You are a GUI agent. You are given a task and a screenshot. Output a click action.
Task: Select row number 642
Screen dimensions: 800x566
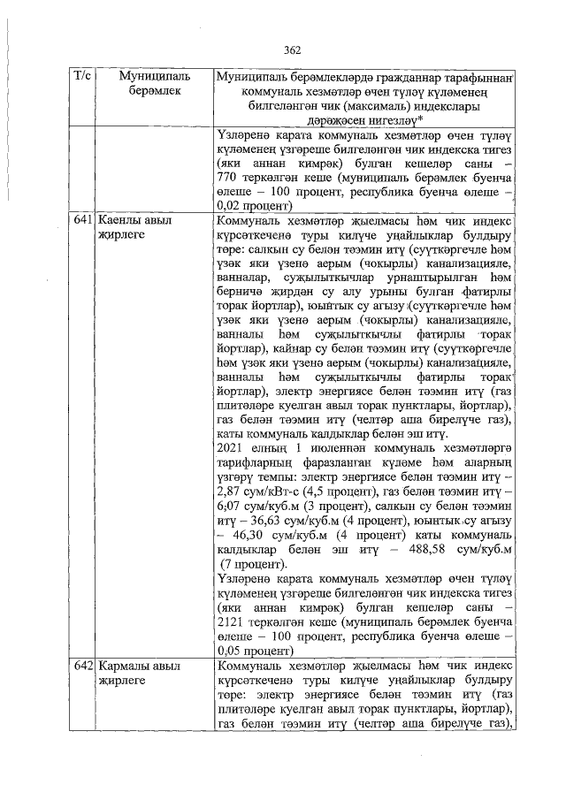point(82,665)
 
